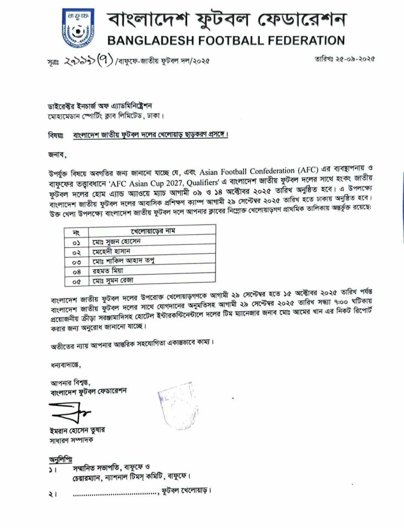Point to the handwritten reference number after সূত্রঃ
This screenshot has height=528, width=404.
coord(88,60)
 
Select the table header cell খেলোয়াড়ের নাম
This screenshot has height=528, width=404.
coord(153,231)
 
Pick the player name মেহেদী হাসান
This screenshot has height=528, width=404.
coord(111,251)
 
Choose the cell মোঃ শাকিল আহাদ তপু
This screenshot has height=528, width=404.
coord(123,261)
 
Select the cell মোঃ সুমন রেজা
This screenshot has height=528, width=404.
coord(113,280)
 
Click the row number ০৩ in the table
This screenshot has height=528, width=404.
coord(76,262)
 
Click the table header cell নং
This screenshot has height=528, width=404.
coord(76,233)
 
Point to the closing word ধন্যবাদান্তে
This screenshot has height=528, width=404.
coord(66,364)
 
